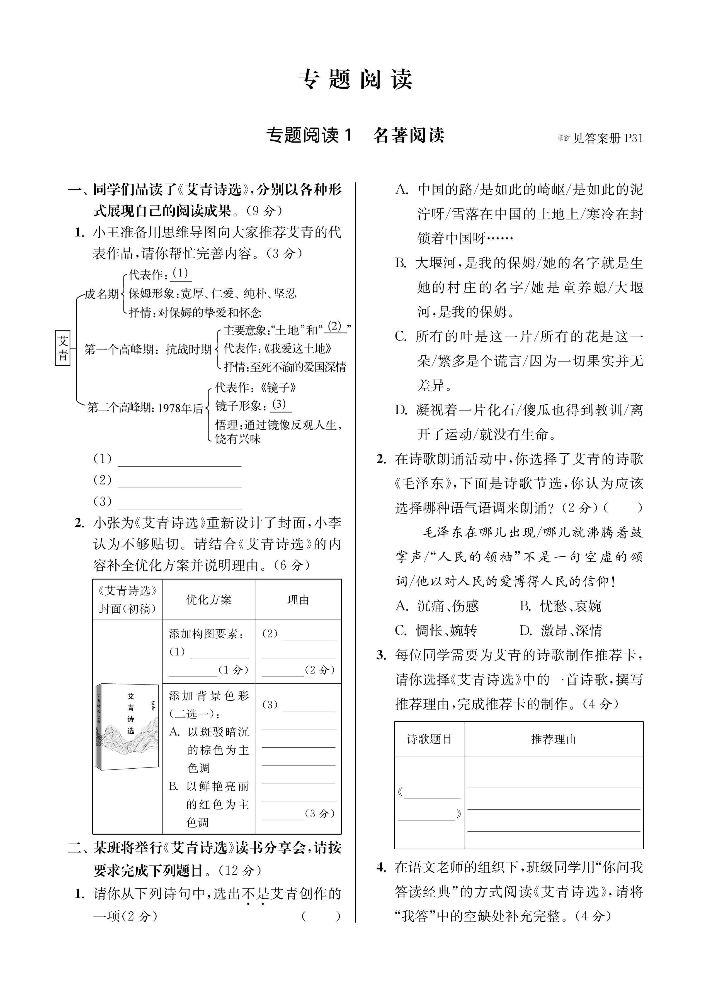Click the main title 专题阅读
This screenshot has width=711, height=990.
tap(355, 80)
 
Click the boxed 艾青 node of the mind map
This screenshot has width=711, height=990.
tap(63, 348)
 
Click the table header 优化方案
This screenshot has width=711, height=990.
tap(208, 599)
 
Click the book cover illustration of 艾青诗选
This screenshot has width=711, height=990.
tap(127, 725)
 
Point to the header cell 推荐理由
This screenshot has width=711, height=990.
tap(553, 739)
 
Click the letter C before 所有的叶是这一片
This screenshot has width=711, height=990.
tap(401, 337)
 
